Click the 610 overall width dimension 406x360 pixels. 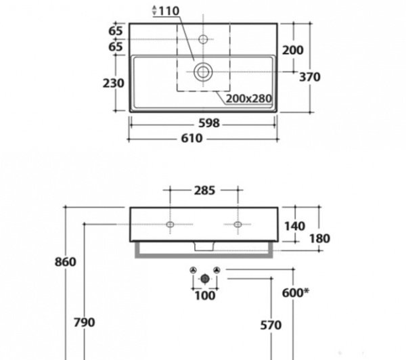(191, 139)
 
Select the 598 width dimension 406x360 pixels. (209, 123)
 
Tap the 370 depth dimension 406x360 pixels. (310, 77)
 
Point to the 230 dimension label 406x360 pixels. (114, 83)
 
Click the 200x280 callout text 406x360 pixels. (249, 99)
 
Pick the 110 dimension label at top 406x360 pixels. (168, 11)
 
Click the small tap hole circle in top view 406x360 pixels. (203, 39)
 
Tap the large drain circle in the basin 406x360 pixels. (203, 72)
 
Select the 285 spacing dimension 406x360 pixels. (204, 191)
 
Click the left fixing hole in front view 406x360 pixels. (170, 224)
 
